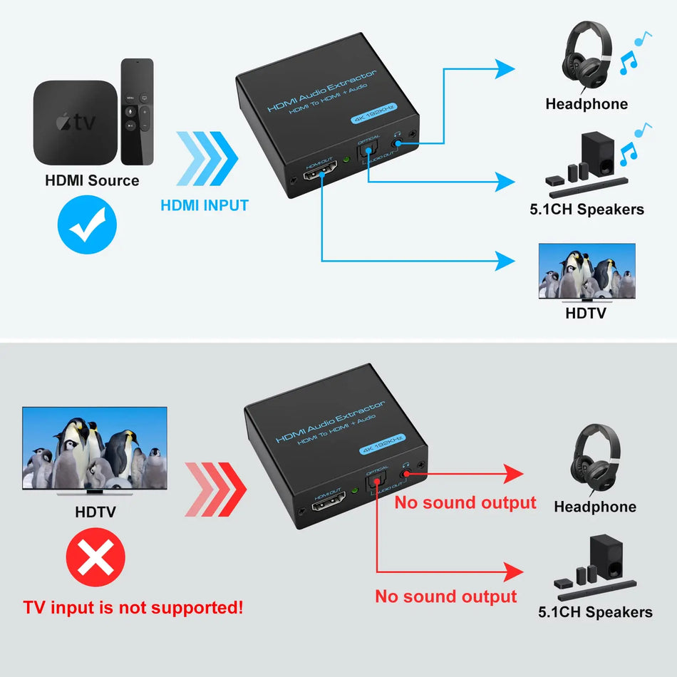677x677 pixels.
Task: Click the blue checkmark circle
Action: pyautogui.click(x=86, y=227)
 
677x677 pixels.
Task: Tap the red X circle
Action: pyautogui.click(x=95, y=561)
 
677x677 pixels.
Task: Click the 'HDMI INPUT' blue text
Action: pyautogui.click(x=205, y=206)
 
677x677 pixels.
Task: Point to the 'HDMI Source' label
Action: pyautogui.click(x=92, y=180)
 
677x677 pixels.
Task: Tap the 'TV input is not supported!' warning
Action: pyautogui.click(x=133, y=608)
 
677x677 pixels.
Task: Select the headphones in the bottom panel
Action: pyautogui.click(x=595, y=460)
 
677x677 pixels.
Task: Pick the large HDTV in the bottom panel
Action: pyautogui.click(x=95, y=449)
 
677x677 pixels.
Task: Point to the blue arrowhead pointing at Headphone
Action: pyautogui.click(x=505, y=69)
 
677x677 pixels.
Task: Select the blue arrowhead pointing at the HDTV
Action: pyautogui.click(x=505, y=260)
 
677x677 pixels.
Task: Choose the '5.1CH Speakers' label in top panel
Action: pyautogui.click(x=586, y=210)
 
